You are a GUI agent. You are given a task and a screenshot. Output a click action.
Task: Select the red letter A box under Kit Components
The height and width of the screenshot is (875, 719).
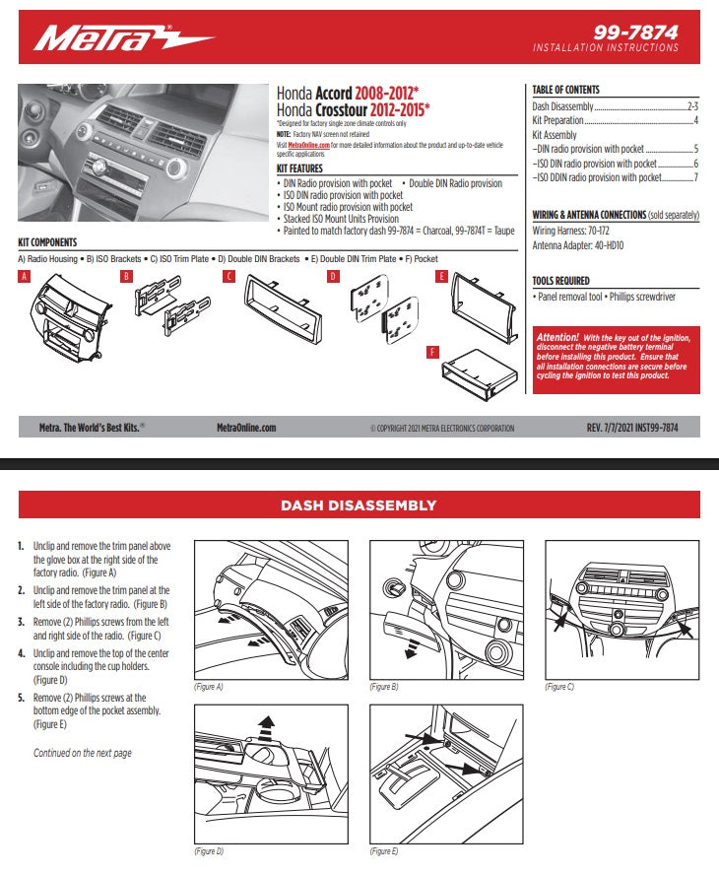pyautogui.click(x=25, y=278)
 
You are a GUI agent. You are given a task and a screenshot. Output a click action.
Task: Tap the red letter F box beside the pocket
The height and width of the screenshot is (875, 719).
pyautogui.click(x=432, y=351)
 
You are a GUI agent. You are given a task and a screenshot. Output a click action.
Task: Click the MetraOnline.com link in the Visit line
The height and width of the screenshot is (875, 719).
pyautogui.click(x=308, y=144)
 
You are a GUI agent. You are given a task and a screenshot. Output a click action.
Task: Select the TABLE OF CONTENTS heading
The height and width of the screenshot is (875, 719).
pyautogui.click(x=565, y=90)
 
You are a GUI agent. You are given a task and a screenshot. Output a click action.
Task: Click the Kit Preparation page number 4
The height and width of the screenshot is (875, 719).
pyautogui.click(x=695, y=120)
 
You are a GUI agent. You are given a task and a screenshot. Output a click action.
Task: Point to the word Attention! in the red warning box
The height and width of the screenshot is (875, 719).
pyautogui.click(x=557, y=337)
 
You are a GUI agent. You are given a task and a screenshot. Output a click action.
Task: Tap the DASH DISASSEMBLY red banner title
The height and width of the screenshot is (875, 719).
pyautogui.click(x=359, y=505)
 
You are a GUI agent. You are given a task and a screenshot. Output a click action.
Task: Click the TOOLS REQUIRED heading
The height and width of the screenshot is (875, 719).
pyautogui.click(x=560, y=281)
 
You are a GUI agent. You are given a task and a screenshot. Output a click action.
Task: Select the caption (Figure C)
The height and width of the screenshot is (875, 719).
pyautogui.click(x=559, y=687)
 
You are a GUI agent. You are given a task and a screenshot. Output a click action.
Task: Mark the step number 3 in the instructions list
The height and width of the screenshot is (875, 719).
pyautogui.click(x=22, y=623)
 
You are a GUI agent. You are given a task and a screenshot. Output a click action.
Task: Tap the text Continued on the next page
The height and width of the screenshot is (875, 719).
pyautogui.click(x=83, y=753)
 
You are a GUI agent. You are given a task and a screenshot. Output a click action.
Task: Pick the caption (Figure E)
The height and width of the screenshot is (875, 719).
pyautogui.click(x=384, y=850)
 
